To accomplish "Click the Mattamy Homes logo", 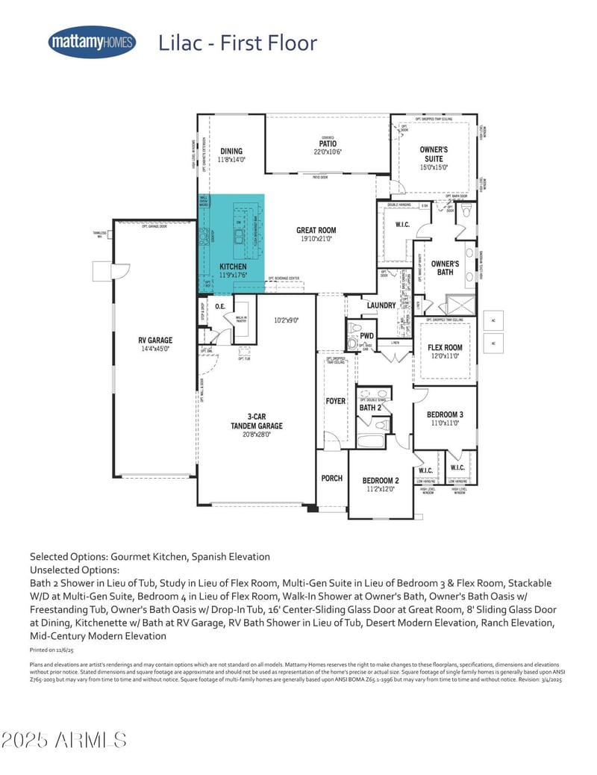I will pyautogui.click(x=92, y=42).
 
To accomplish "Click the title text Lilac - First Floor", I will pyautogui.click(x=237, y=43).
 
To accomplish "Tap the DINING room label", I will pyautogui.click(x=231, y=152).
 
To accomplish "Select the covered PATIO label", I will pyautogui.click(x=328, y=144).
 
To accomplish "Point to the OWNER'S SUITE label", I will pyautogui.click(x=434, y=154).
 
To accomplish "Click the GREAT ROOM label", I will pyautogui.click(x=317, y=231).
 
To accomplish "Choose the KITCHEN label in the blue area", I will pyautogui.click(x=233, y=267).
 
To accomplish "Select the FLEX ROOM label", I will pyautogui.click(x=445, y=347).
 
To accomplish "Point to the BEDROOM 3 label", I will pyautogui.click(x=445, y=414).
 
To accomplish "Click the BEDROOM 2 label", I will pyautogui.click(x=381, y=480).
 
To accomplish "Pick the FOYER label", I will pyautogui.click(x=336, y=401).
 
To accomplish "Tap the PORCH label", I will pyautogui.click(x=331, y=478).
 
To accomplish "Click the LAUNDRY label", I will pyautogui.click(x=381, y=305).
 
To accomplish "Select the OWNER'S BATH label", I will pyautogui.click(x=446, y=267).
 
